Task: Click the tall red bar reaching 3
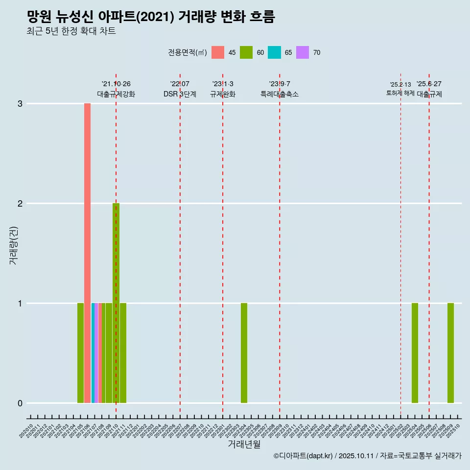tap(87, 253)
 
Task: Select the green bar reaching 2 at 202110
tap(116, 303)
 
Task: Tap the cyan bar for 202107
tap(93, 353)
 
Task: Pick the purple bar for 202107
tap(96, 353)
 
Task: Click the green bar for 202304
tap(244, 353)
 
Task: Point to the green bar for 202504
tap(415, 353)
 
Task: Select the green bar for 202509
tap(450, 353)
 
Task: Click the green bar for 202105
tap(80, 353)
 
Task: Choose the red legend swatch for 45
tap(218, 52)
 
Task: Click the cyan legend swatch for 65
tap(274, 52)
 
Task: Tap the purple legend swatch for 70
tap(303, 52)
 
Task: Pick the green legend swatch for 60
tap(246, 52)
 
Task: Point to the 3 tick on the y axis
tap(20, 104)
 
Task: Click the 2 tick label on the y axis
tap(20, 204)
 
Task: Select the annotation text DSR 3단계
tap(180, 94)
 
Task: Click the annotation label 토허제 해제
tap(400, 93)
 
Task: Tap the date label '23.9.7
tap(280, 84)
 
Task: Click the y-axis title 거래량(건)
tap(14, 245)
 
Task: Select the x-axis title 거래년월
tap(244, 444)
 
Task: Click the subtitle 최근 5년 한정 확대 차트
tap(71, 31)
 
